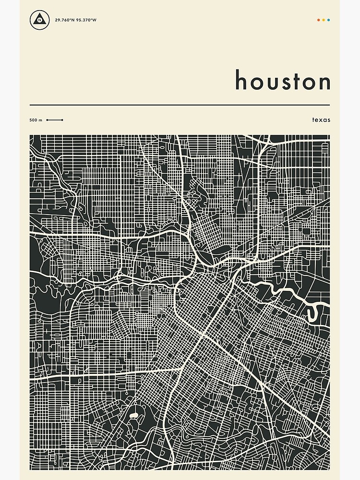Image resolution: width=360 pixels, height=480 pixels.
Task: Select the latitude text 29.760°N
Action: click(64, 20)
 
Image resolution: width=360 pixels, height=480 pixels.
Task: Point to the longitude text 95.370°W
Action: click(86, 20)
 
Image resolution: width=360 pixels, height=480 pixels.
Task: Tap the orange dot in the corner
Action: click(318, 20)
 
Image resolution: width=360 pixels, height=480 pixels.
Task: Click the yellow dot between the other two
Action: click(324, 20)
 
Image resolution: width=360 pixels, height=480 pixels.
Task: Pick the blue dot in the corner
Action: click(329, 20)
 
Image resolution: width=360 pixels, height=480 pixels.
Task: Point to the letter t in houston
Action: click(298, 81)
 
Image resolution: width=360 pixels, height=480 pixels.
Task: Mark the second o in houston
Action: click(310, 83)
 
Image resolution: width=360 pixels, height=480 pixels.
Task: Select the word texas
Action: click(321, 120)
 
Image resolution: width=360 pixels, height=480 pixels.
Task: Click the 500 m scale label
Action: click(36, 120)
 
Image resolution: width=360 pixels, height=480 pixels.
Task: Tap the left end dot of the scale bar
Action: click(47, 120)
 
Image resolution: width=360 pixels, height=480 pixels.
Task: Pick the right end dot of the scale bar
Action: click(62, 120)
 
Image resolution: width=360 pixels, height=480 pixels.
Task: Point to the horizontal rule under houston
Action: click(180, 105)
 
